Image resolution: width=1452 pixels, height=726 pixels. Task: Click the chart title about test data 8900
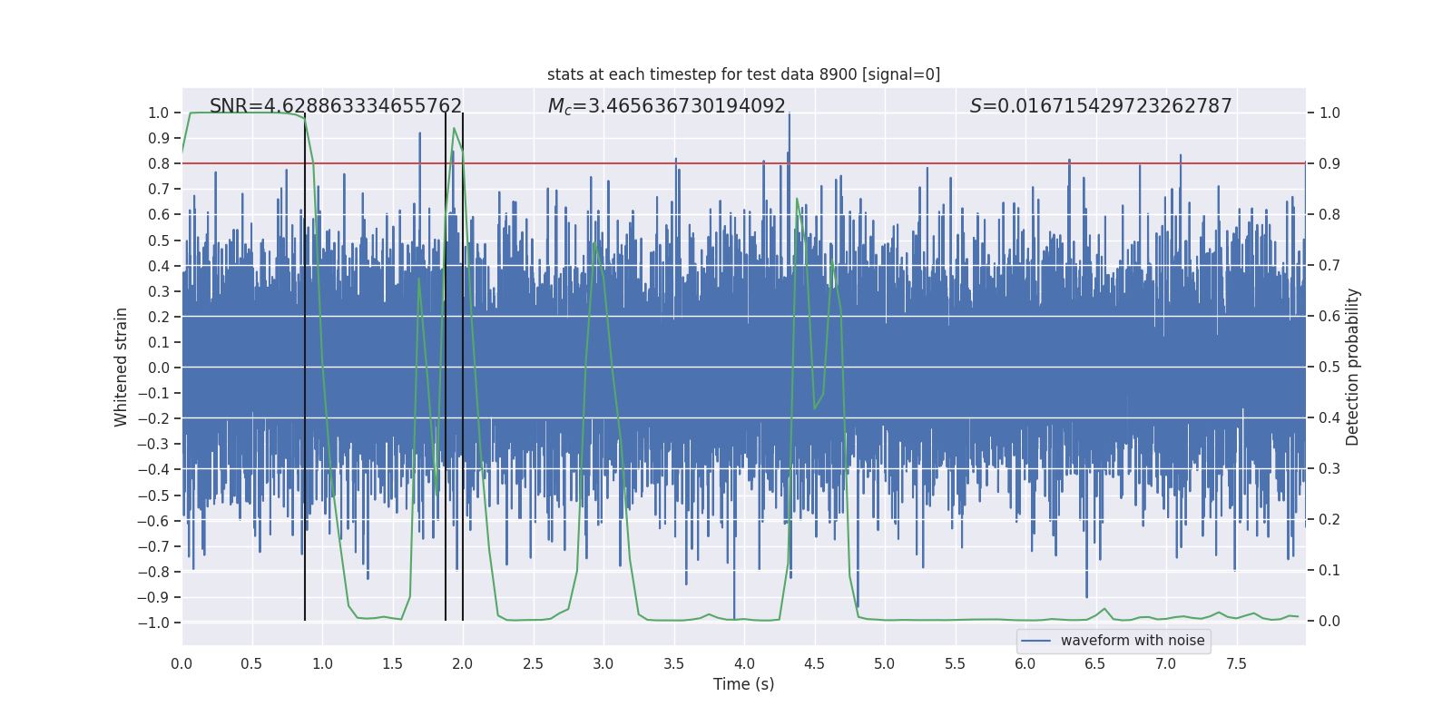(743, 74)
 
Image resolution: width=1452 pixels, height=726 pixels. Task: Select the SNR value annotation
(336, 106)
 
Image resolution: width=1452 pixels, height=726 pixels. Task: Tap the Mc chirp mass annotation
(666, 106)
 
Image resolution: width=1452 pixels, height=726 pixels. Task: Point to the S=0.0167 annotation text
(1100, 106)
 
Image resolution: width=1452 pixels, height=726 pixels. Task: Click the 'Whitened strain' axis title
(121, 367)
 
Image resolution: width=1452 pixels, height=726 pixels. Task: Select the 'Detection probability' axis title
(1352, 367)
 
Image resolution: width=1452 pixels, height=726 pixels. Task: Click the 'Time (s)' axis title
(743, 684)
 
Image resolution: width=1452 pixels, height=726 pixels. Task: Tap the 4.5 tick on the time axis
(814, 663)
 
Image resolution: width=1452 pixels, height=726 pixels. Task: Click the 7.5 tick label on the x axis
(1236, 663)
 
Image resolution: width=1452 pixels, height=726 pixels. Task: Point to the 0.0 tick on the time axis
(181, 663)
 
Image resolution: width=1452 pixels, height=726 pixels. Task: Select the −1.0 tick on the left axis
(153, 623)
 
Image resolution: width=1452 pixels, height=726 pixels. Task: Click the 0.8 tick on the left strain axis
(158, 163)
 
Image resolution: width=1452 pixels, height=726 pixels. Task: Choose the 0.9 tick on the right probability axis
(1329, 163)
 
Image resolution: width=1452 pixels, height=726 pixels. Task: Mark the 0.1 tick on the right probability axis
(1329, 570)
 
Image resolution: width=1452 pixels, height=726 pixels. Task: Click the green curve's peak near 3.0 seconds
(594, 241)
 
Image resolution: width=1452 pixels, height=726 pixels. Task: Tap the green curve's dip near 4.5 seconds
(814, 408)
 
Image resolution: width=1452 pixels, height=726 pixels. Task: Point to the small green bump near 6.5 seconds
(1104, 609)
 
